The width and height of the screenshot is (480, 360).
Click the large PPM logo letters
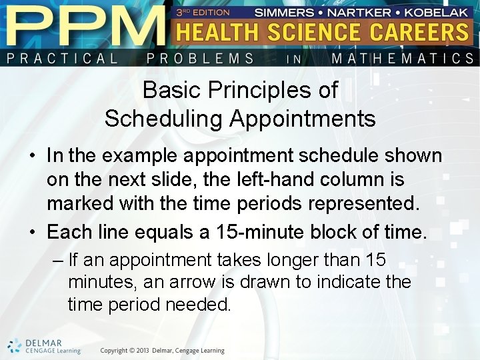pos(83,25)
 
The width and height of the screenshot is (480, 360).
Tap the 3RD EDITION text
pos(203,12)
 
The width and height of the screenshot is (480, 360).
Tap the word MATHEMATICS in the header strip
pos(403,58)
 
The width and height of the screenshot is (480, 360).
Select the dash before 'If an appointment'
pos(57,259)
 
